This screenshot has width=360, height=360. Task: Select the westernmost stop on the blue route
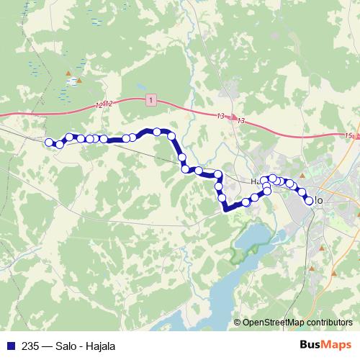(x=49, y=143)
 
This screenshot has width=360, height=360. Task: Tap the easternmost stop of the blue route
(x=310, y=201)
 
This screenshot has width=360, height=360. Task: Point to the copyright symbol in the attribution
(x=238, y=323)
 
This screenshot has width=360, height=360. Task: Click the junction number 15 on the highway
(x=349, y=135)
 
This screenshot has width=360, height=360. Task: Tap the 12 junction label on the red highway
(x=104, y=105)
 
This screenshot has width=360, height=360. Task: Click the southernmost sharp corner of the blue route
(x=226, y=210)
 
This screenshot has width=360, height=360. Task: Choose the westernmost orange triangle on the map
(x=70, y=73)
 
